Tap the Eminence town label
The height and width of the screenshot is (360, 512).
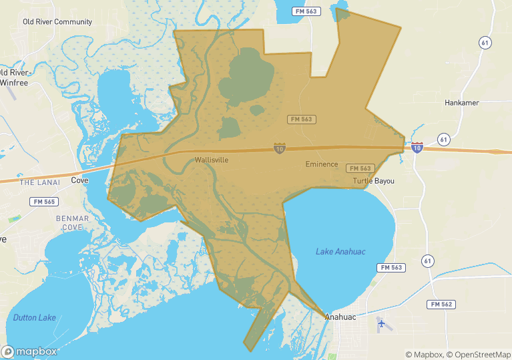tap(322, 164)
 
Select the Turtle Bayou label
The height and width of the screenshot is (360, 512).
tap(374, 181)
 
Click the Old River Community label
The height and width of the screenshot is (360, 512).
tap(57, 22)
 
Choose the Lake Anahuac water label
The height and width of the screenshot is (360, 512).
tap(340, 251)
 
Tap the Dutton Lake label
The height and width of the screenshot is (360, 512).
tap(35, 317)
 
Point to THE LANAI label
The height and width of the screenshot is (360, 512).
tap(40, 182)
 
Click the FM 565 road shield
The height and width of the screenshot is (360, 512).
tap(43, 201)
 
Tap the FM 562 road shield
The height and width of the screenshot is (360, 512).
tap(441, 304)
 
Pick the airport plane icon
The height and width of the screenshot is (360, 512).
tap(381, 323)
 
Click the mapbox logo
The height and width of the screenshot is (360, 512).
tap(29, 351)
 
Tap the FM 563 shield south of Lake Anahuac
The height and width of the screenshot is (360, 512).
tap(391, 267)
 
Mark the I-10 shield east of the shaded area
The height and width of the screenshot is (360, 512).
tap(417, 148)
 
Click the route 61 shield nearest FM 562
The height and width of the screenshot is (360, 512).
tap(428, 260)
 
